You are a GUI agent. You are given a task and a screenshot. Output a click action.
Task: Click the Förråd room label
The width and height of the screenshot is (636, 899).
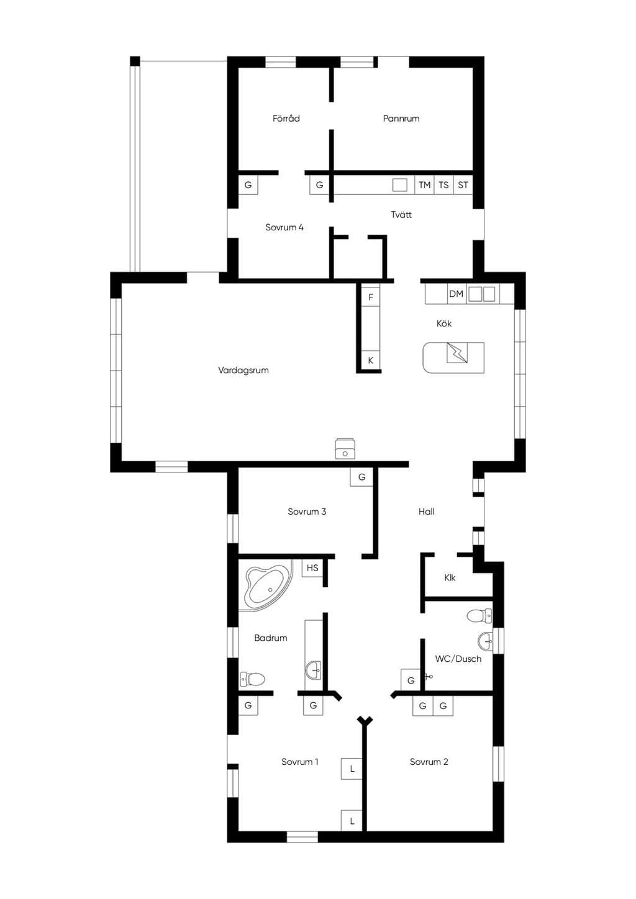[x=286, y=119]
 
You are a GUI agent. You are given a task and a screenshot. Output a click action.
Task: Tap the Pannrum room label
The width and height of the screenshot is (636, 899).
[x=401, y=119]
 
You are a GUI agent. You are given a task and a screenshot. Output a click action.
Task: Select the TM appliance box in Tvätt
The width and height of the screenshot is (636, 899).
[x=424, y=185]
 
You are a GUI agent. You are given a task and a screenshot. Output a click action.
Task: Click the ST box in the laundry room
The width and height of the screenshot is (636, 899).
[x=463, y=185]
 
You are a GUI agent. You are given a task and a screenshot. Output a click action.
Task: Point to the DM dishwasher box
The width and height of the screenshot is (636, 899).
[x=456, y=294]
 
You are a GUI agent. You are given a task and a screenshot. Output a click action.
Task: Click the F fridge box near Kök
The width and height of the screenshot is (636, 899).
[x=371, y=297]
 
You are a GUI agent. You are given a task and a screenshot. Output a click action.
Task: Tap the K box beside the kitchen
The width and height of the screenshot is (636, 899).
[x=371, y=360]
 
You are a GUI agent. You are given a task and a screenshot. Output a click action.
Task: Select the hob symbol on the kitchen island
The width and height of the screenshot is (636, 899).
[x=457, y=353]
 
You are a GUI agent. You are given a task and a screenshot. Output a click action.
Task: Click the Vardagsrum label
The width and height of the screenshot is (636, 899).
[x=243, y=370]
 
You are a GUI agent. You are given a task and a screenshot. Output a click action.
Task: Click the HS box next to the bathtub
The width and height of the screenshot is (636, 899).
[x=312, y=568]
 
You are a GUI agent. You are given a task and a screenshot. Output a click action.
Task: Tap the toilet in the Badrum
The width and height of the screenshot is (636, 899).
[x=253, y=679]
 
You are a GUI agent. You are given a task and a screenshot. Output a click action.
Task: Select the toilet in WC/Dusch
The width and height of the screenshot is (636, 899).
[x=480, y=616]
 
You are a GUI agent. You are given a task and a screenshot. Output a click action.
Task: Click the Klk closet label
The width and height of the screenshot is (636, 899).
[x=450, y=577]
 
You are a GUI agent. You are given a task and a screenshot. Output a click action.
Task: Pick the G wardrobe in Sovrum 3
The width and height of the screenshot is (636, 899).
[x=361, y=477]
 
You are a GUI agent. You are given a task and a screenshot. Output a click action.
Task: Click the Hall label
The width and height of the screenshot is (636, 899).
[x=427, y=512]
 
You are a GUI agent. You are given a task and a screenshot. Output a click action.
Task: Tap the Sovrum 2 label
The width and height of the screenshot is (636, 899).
[x=429, y=762]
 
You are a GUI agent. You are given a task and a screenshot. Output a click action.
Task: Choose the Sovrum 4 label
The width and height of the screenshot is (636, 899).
[x=284, y=227]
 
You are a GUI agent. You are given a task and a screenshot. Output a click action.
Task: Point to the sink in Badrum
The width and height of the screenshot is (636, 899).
[x=314, y=669]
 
